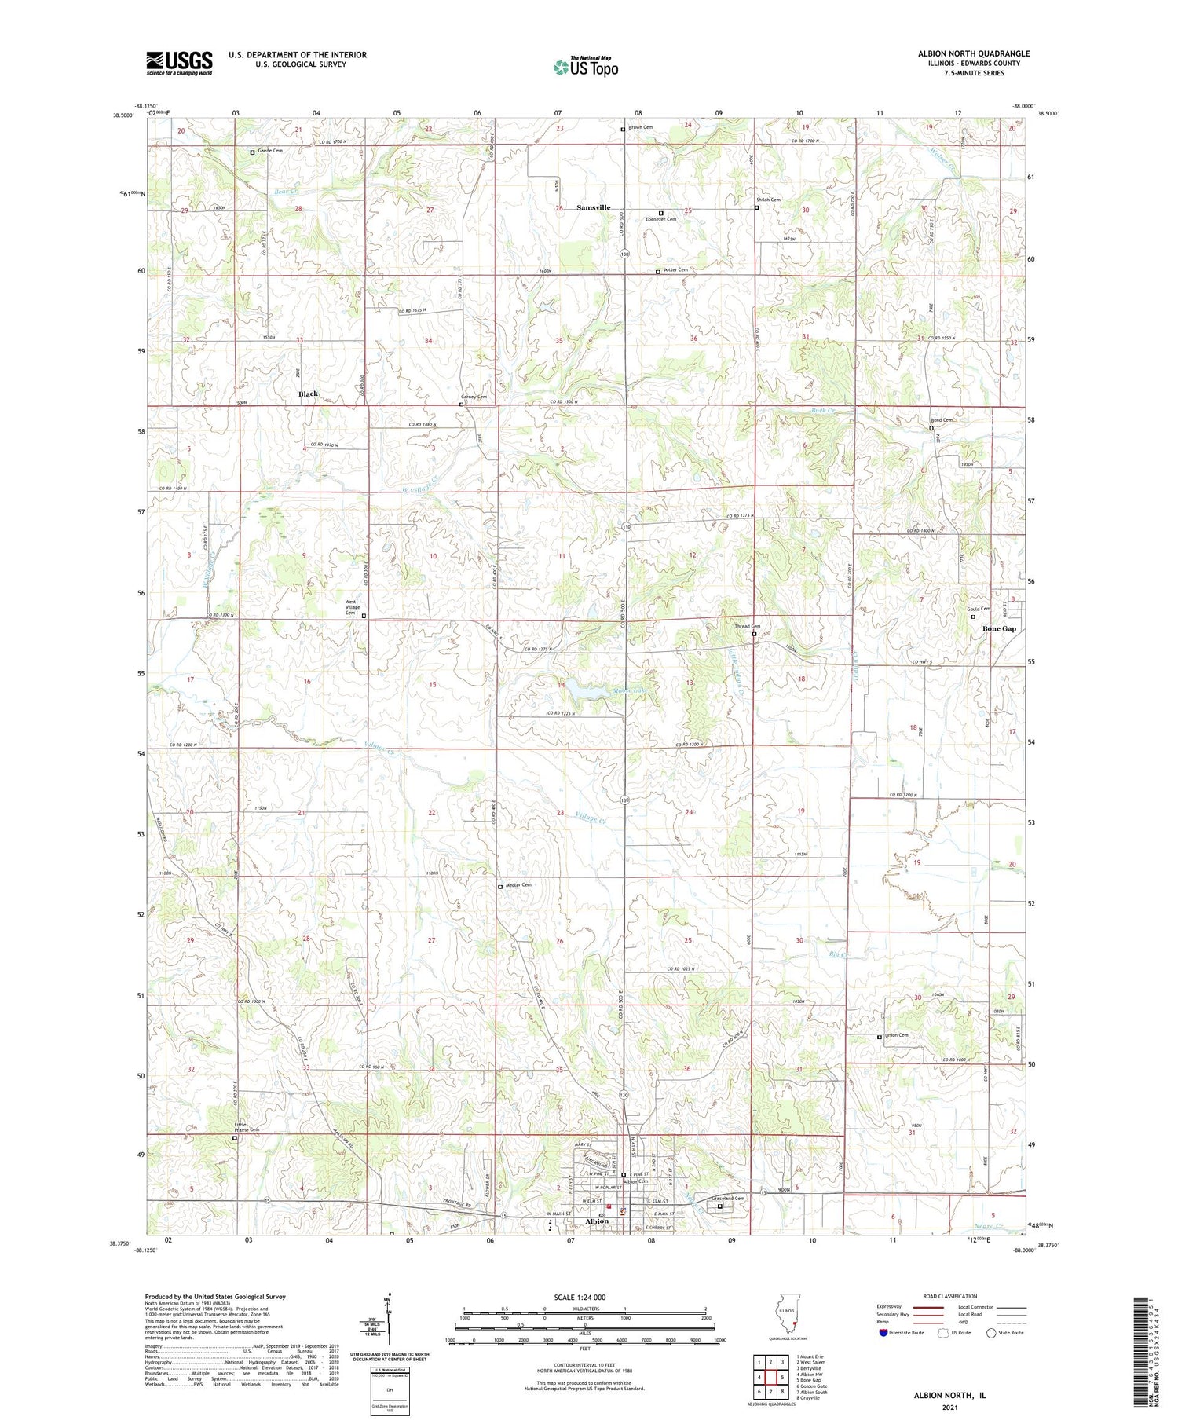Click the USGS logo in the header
[179, 63]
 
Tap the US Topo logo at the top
[585, 67]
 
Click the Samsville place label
[593, 207]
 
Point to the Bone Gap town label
[999, 628]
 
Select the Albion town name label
[597, 1221]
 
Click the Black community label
[308, 394]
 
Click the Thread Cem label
[746, 626]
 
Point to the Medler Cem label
[518, 885]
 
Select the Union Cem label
[896, 1035]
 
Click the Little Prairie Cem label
[246, 1127]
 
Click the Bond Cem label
[942, 420]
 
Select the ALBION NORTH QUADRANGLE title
[974, 53]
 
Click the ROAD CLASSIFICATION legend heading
[950, 1296]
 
